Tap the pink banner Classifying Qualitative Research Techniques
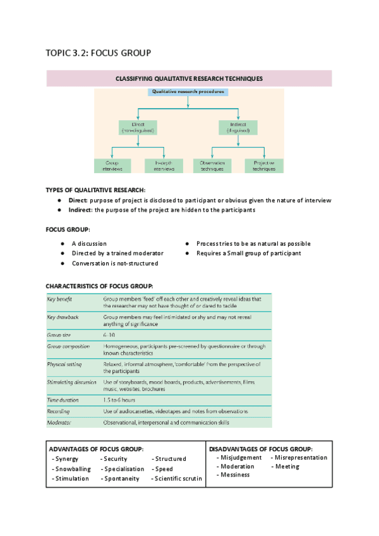point(189,79)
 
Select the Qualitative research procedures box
point(188,92)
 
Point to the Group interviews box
point(112,166)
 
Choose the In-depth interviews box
point(164,166)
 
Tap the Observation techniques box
point(212,166)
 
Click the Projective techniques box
point(264,166)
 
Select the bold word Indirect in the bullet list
point(81,210)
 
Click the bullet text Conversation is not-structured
point(114,263)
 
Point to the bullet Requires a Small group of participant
point(248,253)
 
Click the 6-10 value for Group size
point(109,334)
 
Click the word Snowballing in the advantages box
point(73,469)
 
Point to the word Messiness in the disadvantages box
point(235,475)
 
